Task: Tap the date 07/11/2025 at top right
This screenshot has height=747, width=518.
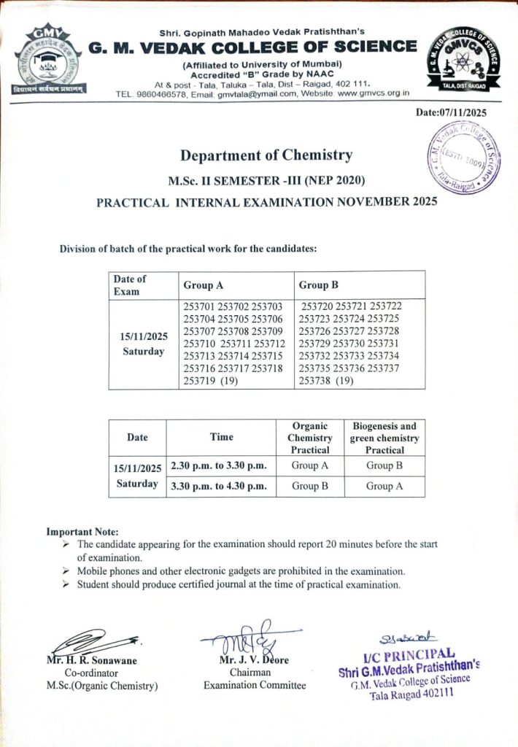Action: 451,112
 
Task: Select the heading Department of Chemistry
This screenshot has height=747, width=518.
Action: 266,155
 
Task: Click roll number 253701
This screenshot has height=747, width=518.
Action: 200,306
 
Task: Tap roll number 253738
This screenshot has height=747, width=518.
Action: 316,381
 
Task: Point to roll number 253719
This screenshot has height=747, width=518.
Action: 200,381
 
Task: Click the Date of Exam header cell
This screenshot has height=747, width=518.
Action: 130,285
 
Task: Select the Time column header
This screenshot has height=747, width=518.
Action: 221,437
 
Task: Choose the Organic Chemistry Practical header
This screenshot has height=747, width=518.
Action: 309,438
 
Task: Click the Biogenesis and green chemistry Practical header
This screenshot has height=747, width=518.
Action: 384,438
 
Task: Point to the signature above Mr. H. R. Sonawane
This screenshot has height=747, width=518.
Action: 91,643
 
